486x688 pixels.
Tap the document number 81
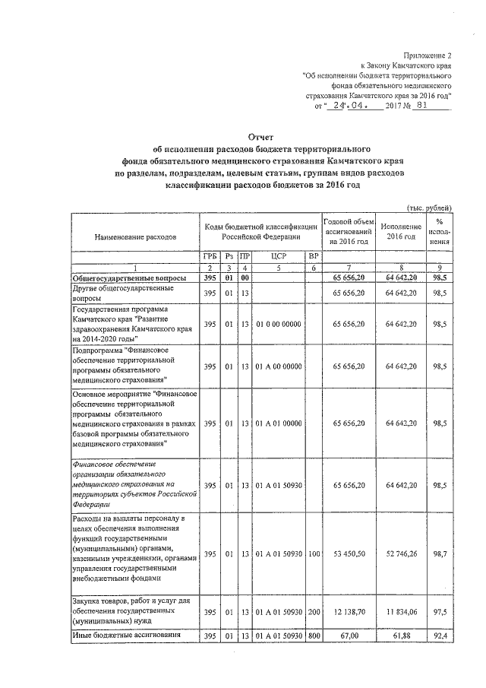pos(434,106)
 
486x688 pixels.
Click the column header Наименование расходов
pos(135,236)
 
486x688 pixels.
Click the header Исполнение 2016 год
pos(401,231)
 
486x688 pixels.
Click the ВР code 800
pos(312,636)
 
